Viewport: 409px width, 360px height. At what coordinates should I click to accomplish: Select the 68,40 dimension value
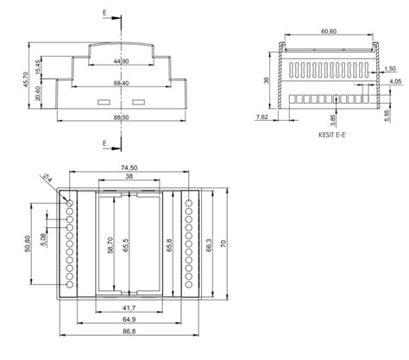click(121, 84)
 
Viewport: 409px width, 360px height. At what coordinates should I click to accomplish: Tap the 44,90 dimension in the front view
click(121, 62)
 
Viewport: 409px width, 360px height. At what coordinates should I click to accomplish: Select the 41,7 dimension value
click(128, 308)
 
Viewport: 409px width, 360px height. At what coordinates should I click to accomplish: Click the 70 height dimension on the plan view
click(227, 245)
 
